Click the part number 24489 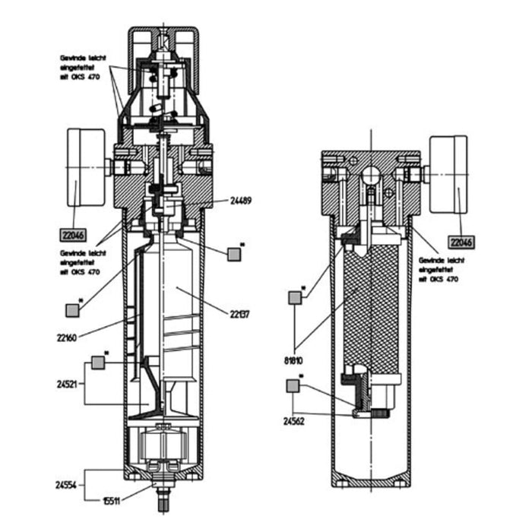(x=242, y=202)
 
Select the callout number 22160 (x=68, y=336)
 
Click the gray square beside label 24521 (x=98, y=363)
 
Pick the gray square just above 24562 (x=293, y=387)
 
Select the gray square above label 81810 (x=294, y=299)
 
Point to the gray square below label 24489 (x=234, y=254)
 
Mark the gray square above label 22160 (x=73, y=310)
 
